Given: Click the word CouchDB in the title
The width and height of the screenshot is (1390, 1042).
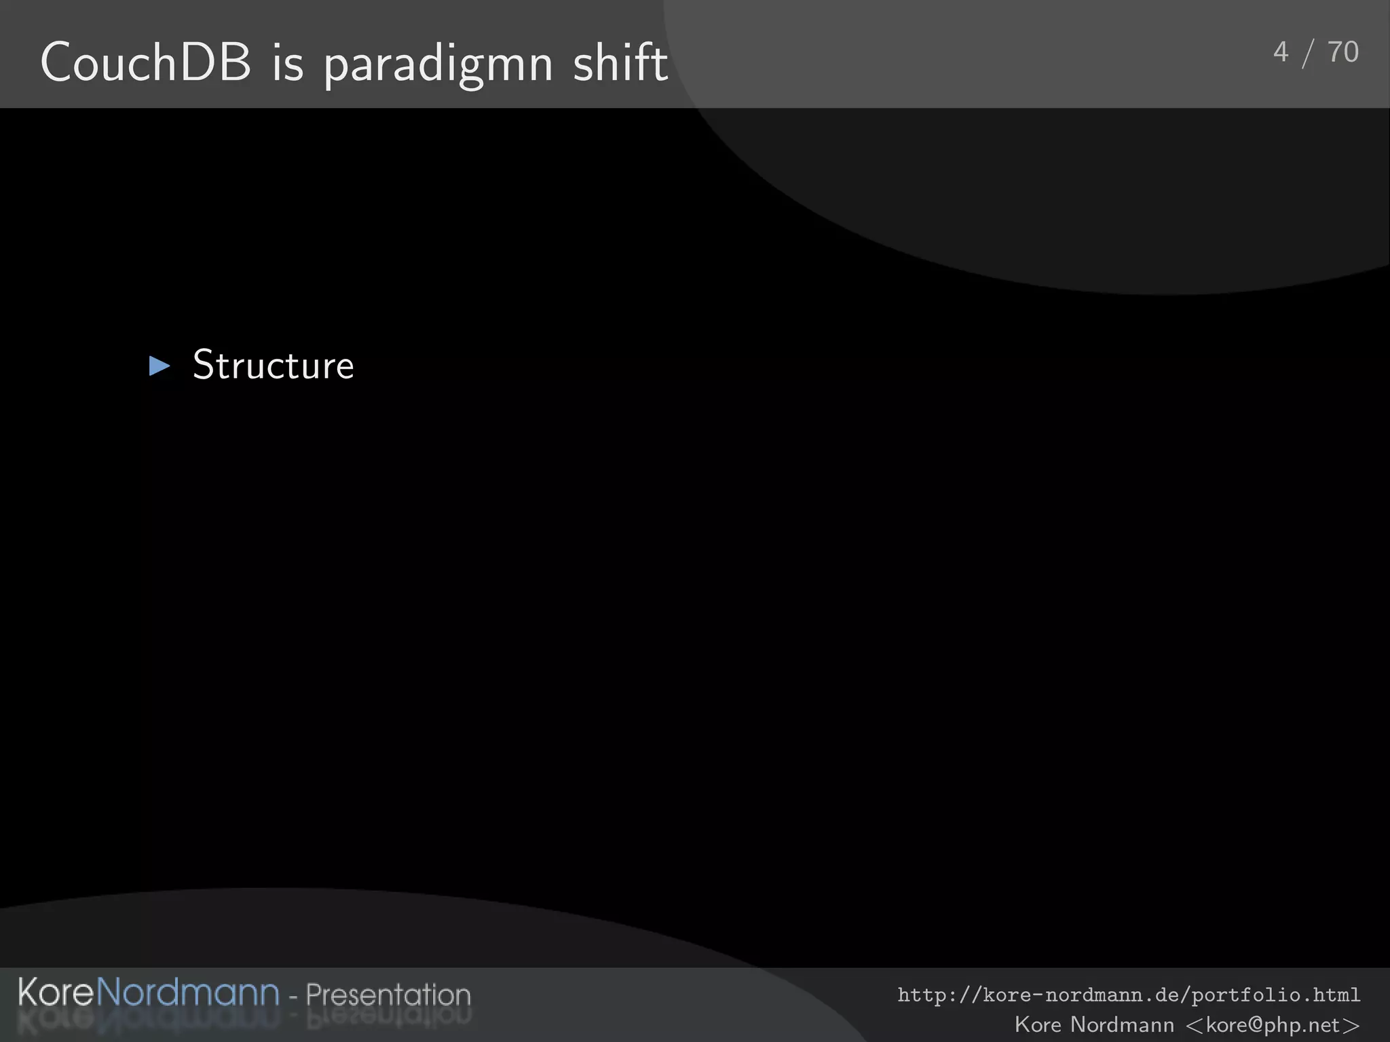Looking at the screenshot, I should [x=146, y=62].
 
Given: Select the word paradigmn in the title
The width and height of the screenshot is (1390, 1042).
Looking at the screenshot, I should [x=438, y=65].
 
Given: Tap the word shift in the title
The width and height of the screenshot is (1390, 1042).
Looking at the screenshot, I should [x=620, y=62].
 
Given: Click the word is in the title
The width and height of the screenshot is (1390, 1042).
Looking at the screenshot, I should [x=288, y=62].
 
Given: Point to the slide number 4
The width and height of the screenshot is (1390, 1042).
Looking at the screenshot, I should [x=1280, y=52].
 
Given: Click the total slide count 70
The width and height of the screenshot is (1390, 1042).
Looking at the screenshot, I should [x=1342, y=52].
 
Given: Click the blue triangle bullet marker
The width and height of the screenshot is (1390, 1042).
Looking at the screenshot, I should [x=159, y=366].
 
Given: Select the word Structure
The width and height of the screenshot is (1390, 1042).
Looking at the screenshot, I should [x=274, y=365].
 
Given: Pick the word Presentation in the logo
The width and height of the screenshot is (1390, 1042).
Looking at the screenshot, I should [x=388, y=995].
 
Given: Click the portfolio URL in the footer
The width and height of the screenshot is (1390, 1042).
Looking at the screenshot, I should [x=1129, y=995].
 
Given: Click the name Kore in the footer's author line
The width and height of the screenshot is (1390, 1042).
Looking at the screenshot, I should [x=1038, y=1024].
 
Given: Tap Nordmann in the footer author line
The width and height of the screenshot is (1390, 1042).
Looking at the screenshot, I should [x=1121, y=1024].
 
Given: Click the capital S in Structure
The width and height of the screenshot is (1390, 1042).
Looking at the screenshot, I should [x=204, y=365].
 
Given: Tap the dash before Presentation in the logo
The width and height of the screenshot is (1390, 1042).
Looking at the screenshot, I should [x=293, y=997].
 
